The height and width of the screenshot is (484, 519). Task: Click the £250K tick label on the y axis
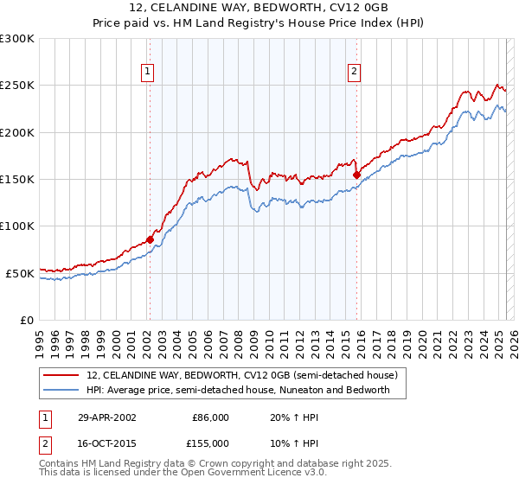17,86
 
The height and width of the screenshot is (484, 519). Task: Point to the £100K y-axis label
17,226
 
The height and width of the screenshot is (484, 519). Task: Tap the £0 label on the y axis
27,320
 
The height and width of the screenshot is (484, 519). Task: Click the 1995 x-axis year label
40,337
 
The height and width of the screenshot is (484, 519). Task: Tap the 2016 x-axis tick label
360,337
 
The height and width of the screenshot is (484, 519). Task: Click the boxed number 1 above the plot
148,73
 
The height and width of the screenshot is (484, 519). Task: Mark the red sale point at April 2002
150,239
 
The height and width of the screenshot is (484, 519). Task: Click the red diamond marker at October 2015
356,175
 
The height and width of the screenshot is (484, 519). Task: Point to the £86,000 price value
209,417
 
